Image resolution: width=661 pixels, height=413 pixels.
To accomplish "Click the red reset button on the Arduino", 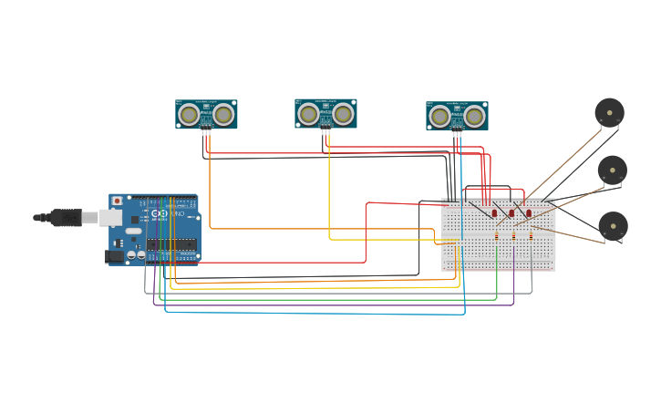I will point(117,201).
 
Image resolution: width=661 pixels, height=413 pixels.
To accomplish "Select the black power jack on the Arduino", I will point(115,256).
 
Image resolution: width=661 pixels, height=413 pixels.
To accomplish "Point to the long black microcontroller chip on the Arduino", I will point(170,244).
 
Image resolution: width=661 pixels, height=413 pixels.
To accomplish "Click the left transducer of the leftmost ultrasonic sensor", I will point(189,114).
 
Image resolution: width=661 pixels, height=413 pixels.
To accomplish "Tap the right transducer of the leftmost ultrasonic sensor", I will point(223,114).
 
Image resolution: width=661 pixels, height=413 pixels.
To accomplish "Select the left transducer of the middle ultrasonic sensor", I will point(308,114).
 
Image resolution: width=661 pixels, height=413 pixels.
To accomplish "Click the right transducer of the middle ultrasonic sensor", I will point(343,114).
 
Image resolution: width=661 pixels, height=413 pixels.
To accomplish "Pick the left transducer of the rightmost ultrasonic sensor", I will point(439,116).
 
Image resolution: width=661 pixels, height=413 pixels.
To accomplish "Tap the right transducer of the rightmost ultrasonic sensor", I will point(474,116).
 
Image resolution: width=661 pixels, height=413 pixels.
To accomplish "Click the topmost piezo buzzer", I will point(609,113).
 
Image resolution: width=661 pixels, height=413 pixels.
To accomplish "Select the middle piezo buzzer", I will point(612,170).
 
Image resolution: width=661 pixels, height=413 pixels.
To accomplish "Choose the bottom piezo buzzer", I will point(613,226).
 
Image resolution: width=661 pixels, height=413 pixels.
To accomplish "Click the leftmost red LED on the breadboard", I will point(495,213).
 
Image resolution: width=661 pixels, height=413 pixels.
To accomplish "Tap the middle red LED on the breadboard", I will point(511,213).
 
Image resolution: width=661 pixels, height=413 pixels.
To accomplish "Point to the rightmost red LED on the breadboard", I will point(529,213).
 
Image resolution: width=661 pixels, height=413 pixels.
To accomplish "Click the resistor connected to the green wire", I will point(497,236).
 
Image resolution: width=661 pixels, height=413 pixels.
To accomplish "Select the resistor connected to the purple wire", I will point(514,236).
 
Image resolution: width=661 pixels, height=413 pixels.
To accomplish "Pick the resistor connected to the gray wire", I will point(532,236).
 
